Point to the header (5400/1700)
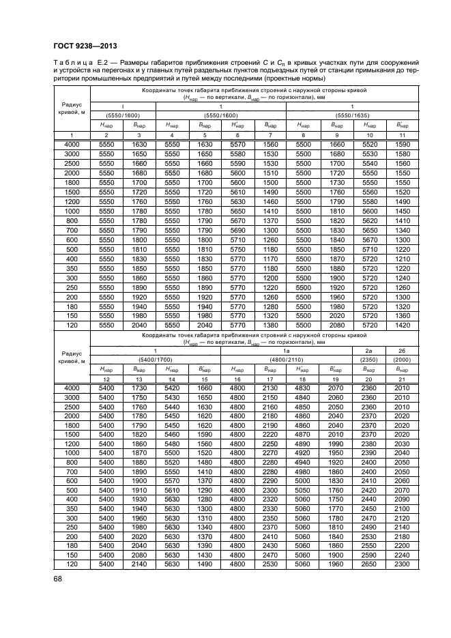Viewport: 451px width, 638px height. tap(156, 359)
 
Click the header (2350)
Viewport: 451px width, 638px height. tap(369, 359)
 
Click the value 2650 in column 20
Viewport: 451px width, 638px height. tap(369, 564)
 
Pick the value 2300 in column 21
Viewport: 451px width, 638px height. tap(402, 564)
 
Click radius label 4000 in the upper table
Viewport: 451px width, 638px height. tap(71, 145)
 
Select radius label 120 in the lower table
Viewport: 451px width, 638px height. tap(71, 564)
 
